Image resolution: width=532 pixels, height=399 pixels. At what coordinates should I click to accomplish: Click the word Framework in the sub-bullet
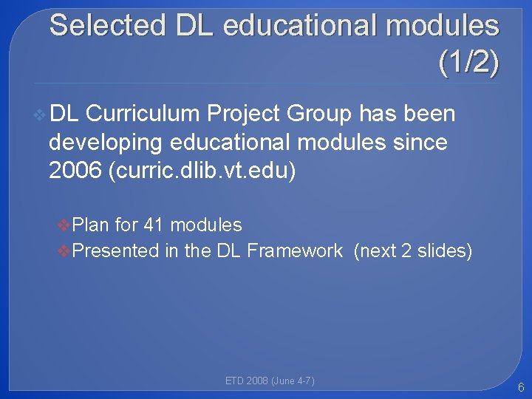coord(295,250)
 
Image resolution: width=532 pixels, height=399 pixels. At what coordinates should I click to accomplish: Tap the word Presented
coord(117,250)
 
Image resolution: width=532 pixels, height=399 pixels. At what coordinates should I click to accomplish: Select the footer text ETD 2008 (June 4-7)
coord(270,381)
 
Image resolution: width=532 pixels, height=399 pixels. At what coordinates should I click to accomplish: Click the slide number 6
coord(521,387)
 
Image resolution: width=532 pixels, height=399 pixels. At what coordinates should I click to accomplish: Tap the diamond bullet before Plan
coord(65,225)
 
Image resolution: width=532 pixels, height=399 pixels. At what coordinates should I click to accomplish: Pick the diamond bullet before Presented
coord(65,250)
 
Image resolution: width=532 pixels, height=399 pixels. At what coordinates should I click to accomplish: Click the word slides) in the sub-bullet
coord(445,250)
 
